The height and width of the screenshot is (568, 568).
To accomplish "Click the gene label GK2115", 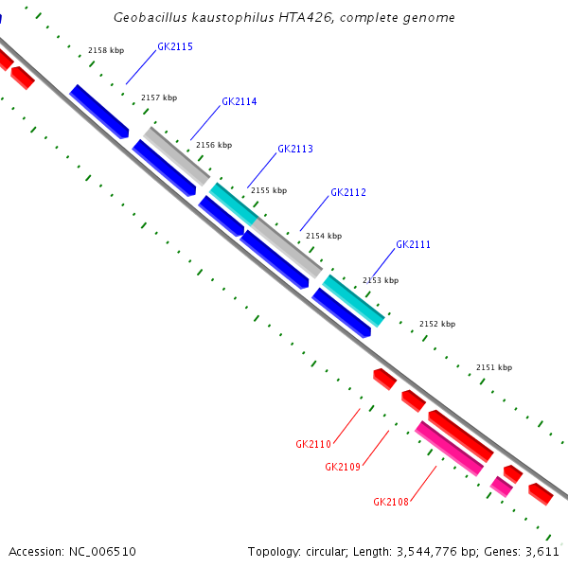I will (175, 46).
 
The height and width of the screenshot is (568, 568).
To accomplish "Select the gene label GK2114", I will (240, 101).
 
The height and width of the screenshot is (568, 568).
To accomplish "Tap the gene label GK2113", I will (295, 149).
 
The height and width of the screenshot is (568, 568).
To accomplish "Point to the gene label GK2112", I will (348, 192).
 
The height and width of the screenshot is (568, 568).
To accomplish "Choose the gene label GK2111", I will (414, 244).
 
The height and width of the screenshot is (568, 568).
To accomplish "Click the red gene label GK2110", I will (313, 444).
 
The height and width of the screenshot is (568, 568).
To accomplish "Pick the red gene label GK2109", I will (343, 467).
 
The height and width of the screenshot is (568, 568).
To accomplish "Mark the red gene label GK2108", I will (391, 502).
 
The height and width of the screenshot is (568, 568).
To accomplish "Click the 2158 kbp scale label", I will (106, 50).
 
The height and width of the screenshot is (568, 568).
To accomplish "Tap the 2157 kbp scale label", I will (159, 98).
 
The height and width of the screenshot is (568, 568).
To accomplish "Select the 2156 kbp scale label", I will (214, 145).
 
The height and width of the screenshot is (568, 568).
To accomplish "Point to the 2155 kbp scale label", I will (268, 190).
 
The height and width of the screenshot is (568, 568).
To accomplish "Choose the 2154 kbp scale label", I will (324, 236).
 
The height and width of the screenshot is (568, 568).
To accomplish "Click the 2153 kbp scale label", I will (381, 280).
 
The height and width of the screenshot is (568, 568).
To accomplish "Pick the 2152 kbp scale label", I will (437, 324).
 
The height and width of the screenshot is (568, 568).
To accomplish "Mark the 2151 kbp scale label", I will (493, 367).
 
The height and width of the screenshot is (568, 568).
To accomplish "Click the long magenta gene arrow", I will (450, 449).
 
